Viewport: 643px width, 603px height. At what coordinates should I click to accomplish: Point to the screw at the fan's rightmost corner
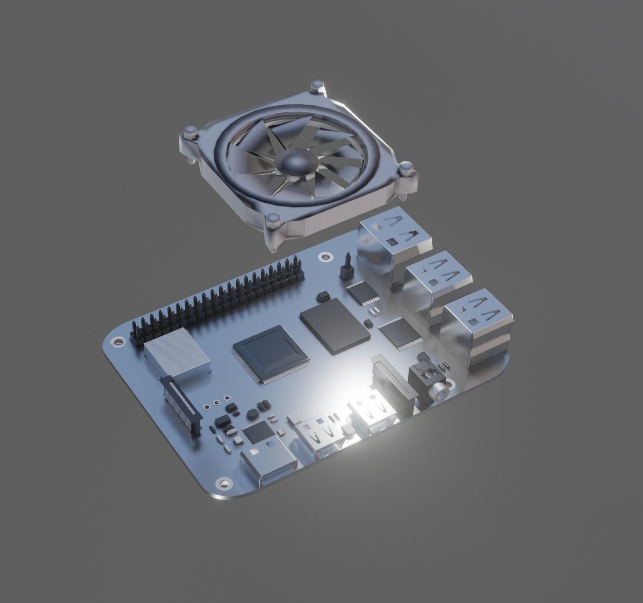tap(406, 167)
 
